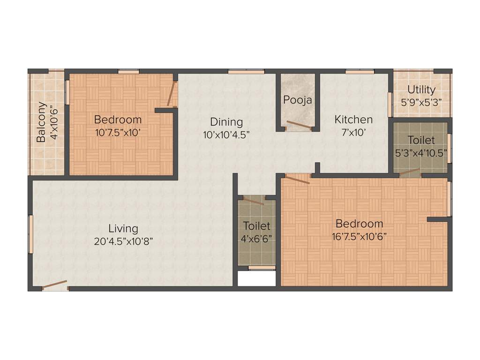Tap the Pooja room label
point(297,100)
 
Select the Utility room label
point(421,89)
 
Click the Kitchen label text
point(353,120)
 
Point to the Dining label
point(226,122)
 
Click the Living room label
point(123,228)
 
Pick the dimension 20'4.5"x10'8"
point(123,241)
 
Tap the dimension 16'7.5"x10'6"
point(359,237)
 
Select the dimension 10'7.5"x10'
point(118,132)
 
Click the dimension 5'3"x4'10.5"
point(421,152)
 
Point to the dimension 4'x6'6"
point(256,238)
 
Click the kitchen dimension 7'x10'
point(353,132)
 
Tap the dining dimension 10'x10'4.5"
point(226,134)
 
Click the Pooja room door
point(299,125)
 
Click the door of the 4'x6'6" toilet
point(253,201)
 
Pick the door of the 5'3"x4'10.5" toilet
point(410,172)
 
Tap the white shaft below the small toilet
point(256,278)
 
